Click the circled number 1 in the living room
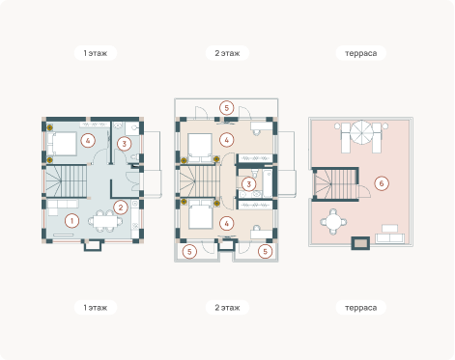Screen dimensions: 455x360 pos(71,221)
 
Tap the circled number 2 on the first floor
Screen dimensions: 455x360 pos(121,208)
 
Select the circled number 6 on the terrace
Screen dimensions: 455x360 pos(382,183)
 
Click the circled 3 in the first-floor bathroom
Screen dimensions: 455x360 pos(125,144)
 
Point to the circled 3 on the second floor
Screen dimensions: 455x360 pos(248,184)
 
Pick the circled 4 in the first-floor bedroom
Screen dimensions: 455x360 pos(88,141)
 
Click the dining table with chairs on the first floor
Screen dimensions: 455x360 pos(105,221)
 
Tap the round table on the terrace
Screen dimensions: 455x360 pos(333,222)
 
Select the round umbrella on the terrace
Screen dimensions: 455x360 pos(361,132)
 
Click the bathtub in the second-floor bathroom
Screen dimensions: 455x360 pos(268,183)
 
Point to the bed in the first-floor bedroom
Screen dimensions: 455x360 pos(62,144)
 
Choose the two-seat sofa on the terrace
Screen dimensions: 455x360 pos(389,238)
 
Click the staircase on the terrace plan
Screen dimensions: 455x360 pos(335,184)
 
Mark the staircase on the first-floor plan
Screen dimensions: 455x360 pos(66,181)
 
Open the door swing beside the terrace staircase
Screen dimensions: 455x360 pos(364,191)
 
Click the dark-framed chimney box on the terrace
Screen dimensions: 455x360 pos(360,243)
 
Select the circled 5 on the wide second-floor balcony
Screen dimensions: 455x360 pos(226,108)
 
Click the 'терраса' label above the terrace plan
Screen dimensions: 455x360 pos(360,53)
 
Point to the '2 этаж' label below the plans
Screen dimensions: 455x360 pos(227,308)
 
